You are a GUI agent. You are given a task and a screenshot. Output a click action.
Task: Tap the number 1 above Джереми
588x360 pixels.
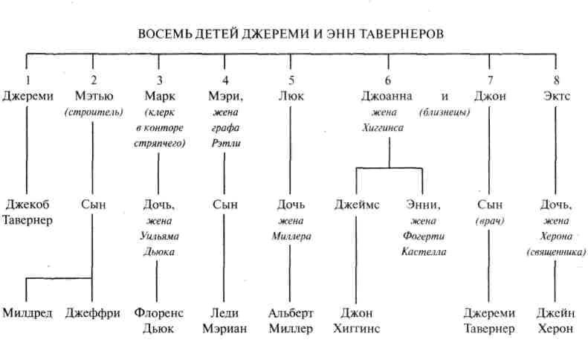[28, 81]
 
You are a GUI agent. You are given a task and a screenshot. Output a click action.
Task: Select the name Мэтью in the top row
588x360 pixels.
[94, 96]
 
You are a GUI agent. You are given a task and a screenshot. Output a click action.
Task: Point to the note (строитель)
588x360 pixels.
[94, 112]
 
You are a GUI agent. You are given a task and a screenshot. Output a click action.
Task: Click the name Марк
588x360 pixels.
[158, 96]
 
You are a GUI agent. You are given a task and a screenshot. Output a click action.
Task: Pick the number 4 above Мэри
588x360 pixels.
[225, 81]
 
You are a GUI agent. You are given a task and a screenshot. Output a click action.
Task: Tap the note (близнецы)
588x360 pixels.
[444, 112]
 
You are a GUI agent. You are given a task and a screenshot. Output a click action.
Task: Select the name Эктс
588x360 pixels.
[556, 96]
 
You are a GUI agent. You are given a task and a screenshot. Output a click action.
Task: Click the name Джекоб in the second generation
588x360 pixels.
[28, 205]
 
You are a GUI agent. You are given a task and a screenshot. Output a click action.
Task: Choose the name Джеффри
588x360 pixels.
[93, 313]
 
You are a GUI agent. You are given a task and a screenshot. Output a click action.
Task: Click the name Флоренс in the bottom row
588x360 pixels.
[158, 313]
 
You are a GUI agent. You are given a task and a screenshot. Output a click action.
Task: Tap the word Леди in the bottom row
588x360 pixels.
[224, 313]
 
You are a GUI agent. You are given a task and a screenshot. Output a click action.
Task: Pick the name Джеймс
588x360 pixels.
[357, 205]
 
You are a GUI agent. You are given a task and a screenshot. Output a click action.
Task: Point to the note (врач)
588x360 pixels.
[490, 221]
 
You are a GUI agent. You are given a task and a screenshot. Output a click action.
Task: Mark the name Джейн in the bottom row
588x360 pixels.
[555, 313]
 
